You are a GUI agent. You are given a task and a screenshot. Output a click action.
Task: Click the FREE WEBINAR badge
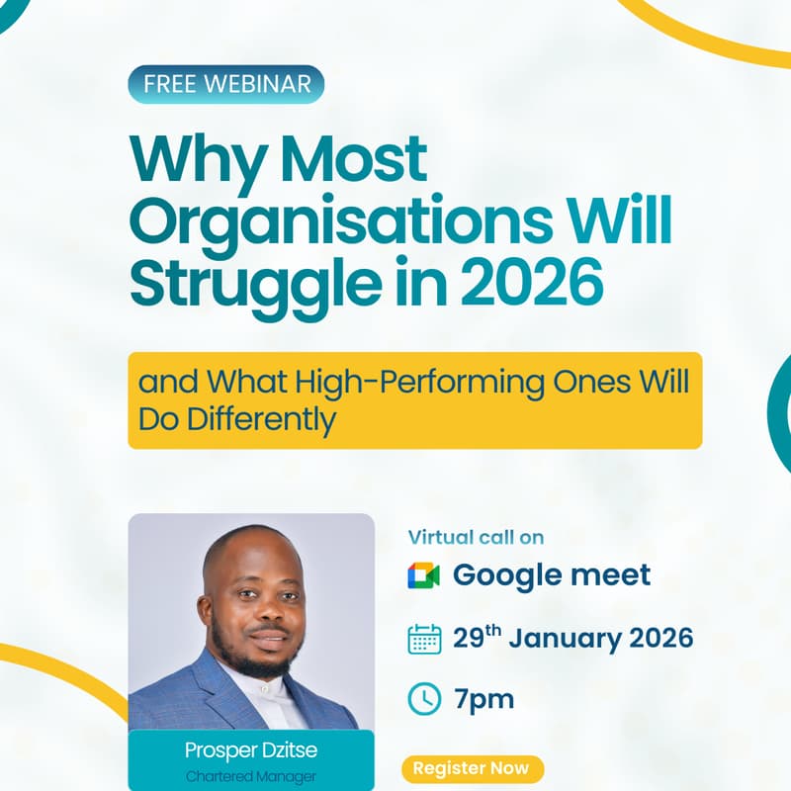[225, 84]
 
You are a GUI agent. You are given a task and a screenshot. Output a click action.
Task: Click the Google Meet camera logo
[423, 574]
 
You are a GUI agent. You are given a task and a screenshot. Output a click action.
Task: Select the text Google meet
[552, 574]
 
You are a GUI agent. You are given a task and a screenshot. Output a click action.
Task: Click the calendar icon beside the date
[424, 639]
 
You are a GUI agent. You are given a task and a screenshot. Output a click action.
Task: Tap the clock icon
[424, 699]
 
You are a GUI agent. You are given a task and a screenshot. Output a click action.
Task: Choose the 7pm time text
[484, 699]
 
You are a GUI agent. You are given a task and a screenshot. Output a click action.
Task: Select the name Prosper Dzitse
[251, 750]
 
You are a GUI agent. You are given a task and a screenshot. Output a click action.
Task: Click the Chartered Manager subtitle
[251, 777]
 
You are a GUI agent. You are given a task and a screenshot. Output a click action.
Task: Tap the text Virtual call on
[477, 537]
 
